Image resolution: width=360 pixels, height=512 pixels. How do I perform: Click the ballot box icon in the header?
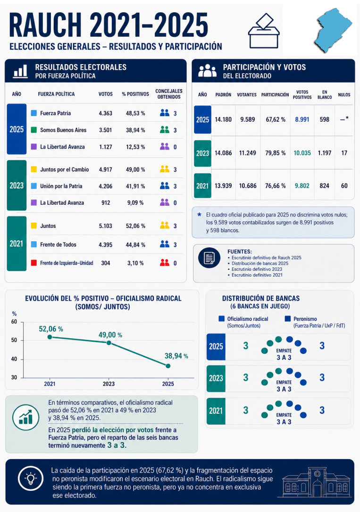(x=264, y=31)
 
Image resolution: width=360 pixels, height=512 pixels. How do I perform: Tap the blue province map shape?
(x=333, y=30)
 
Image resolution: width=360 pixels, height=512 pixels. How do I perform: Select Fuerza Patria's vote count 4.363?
(x=105, y=113)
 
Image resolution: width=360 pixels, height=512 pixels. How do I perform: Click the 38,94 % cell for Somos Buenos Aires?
(x=135, y=130)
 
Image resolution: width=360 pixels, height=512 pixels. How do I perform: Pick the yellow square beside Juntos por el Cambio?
(x=33, y=169)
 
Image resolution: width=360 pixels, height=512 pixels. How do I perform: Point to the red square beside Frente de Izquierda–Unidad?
(x=33, y=262)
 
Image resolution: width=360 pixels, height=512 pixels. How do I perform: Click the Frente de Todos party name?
(x=58, y=244)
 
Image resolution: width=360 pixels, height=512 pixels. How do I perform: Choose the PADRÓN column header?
(x=223, y=95)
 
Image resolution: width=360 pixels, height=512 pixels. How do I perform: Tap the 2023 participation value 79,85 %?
(x=275, y=153)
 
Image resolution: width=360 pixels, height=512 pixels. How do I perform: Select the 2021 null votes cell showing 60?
(x=344, y=186)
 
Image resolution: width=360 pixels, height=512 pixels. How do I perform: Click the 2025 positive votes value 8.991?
(x=302, y=119)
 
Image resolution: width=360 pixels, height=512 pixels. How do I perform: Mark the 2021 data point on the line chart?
(x=50, y=337)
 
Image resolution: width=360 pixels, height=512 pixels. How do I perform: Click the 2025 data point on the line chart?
(x=168, y=366)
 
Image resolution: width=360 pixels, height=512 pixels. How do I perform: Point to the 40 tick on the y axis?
(x=14, y=359)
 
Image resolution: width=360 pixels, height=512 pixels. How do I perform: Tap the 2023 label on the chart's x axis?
(x=109, y=384)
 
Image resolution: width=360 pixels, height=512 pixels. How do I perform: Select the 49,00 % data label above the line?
(x=110, y=335)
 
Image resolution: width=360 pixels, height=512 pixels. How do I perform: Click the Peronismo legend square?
(x=287, y=319)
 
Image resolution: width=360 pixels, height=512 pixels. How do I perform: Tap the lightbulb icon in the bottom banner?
(x=31, y=478)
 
